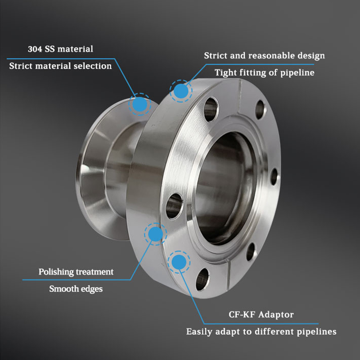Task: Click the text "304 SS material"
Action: point(60,49)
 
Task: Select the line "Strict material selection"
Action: point(60,66)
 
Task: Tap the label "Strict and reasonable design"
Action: point(265,55)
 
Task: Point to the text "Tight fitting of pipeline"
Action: point(265,72)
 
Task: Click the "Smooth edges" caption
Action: point(76,289)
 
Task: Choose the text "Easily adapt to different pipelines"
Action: point(261,332)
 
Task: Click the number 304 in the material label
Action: point(35,49)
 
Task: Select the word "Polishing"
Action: point(56,272)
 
